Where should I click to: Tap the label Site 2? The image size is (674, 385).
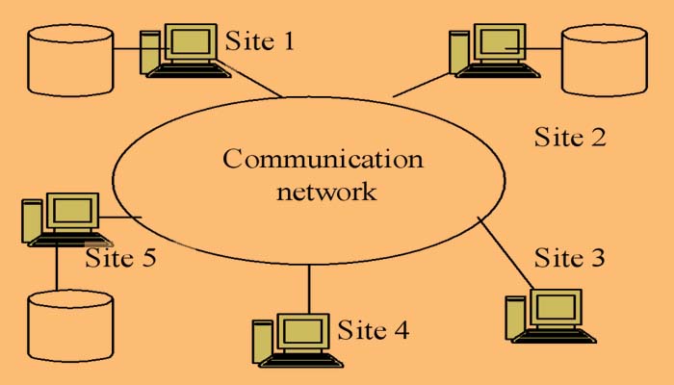570,137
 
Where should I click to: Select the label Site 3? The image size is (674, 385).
570,258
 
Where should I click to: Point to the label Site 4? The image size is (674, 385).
373,330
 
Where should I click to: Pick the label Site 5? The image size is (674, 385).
120,258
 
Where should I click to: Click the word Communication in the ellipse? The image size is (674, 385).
323,159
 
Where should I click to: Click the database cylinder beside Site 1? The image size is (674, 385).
69,60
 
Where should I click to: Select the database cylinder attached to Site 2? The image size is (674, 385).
603,60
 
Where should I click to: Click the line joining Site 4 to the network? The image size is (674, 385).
310,288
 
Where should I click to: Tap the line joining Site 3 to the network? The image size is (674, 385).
506,252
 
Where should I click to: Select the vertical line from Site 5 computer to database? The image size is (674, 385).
57,267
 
